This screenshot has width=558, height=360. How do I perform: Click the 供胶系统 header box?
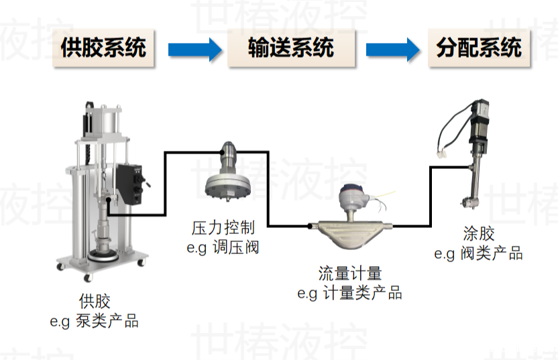103,48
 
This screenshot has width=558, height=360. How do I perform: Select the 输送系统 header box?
290,48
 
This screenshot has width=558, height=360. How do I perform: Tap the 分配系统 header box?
478,48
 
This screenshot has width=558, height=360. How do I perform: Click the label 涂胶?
478,234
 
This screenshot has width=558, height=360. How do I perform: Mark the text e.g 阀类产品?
478,253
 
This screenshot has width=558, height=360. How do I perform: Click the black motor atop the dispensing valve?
482,117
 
